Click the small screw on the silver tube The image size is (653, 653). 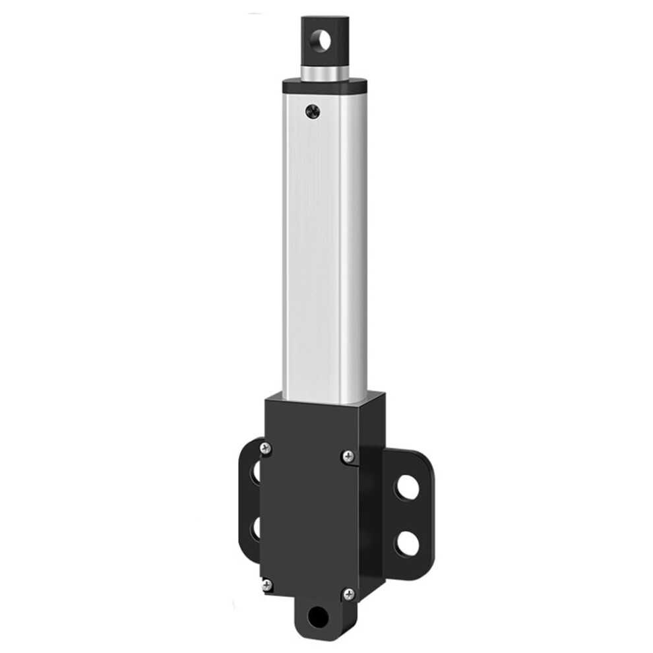click(313, 112)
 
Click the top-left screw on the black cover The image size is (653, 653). click(266, 448)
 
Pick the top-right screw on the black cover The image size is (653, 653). click(348, 456)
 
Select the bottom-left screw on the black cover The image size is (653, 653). click(267, 584)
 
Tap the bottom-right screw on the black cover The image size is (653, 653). click(348, 594)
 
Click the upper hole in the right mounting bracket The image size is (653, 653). click(408, 487)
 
